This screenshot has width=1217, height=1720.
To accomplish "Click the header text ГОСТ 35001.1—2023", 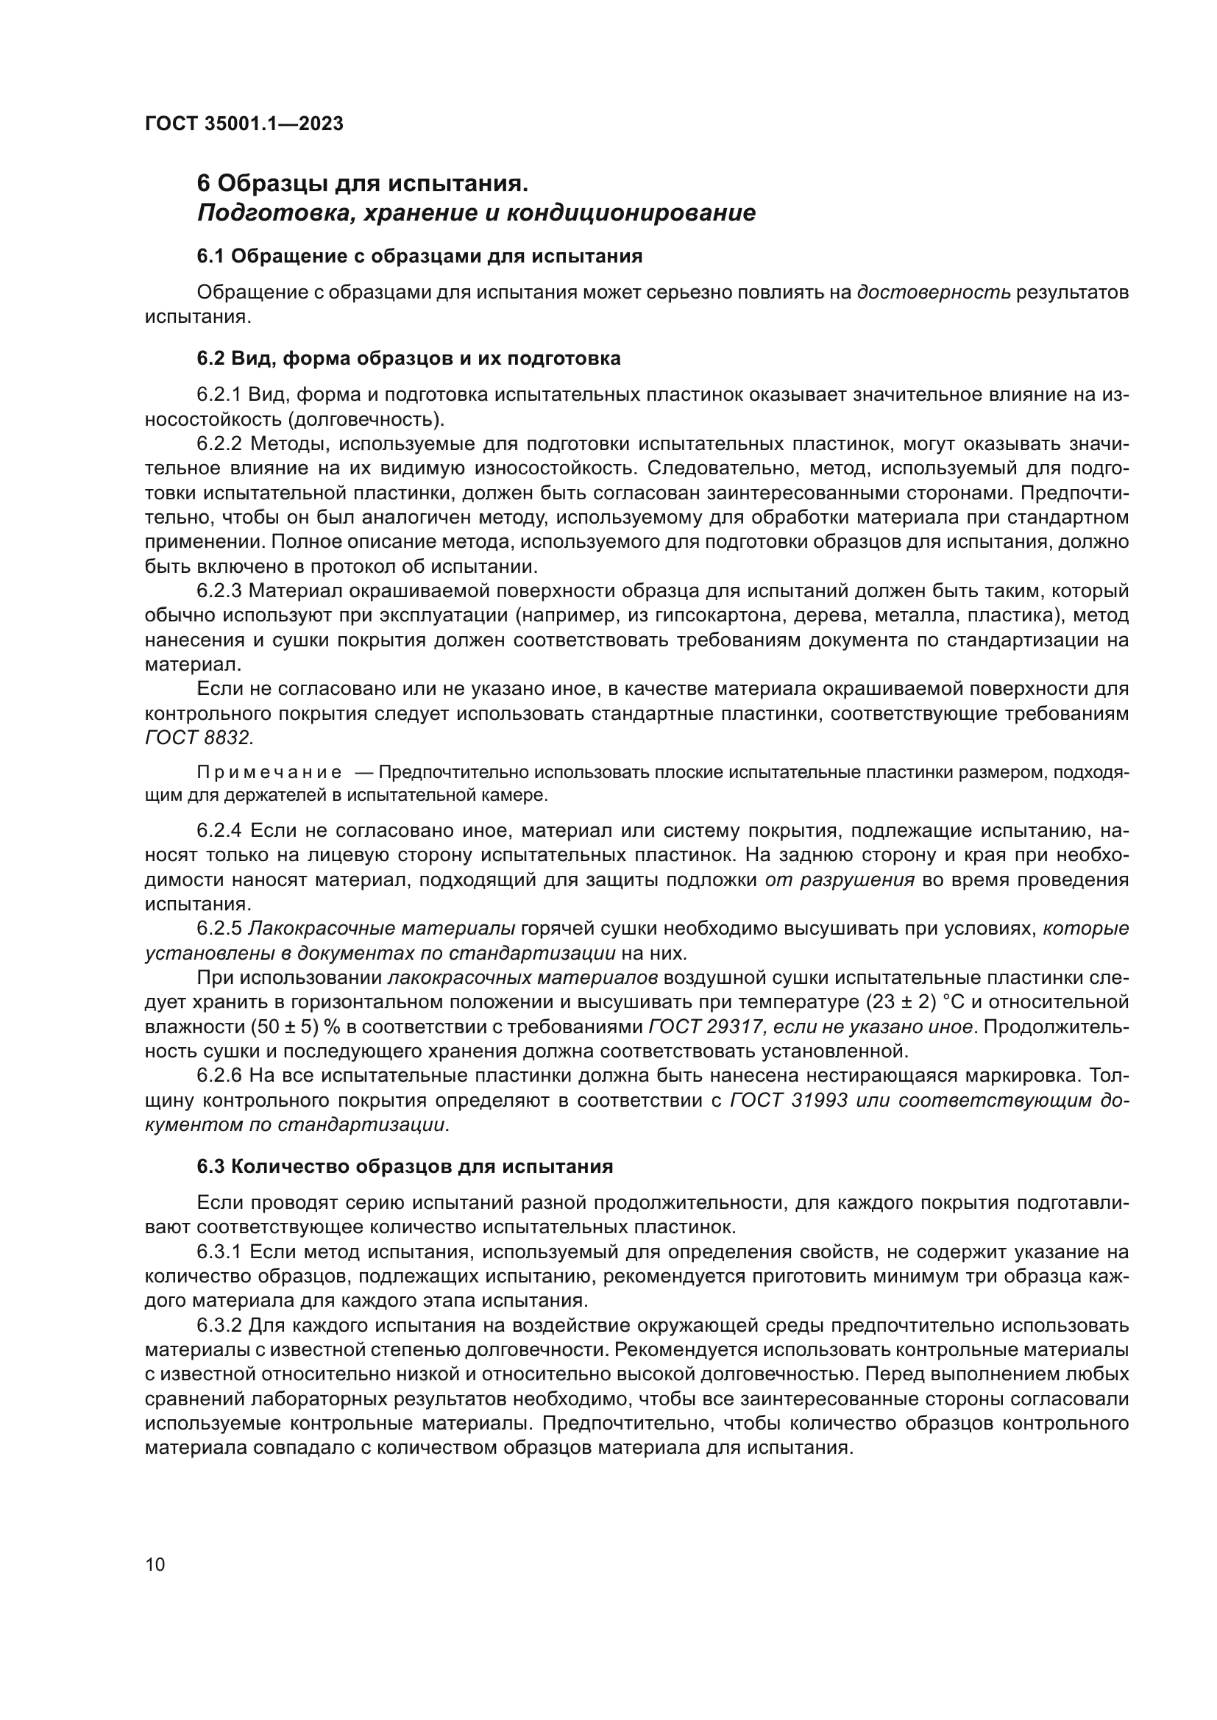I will pyautogui.click(x=244, y=124).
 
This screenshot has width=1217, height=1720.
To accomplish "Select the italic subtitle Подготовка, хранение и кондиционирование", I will pyautogui.click(x=476, y=213).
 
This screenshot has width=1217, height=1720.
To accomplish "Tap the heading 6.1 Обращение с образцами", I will pyautogui.click(x=419, y=256).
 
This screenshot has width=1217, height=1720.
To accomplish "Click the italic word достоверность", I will pyautogui.click(x=934, y=292).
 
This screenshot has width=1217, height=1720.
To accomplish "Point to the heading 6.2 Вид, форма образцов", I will pyautogui.click(x=408, y=359).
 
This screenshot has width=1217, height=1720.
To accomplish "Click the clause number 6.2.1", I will pyautogui.click(x=219, y=395).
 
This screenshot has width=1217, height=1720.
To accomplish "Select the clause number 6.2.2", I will pyautogui.click(x=219, y=444).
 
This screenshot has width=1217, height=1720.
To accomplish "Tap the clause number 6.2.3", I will pyautogui.click(x=219, y=591).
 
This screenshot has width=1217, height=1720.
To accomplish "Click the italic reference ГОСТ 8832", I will pyautogui.click(x=199, y=738).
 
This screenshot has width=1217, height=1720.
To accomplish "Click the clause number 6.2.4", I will pyautogui.click(x=219, y=831).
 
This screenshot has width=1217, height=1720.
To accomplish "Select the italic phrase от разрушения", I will pyautogui.click(x=840, y=879).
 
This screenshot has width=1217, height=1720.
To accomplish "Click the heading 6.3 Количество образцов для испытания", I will pyautogui.click(x=405, y=1166).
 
